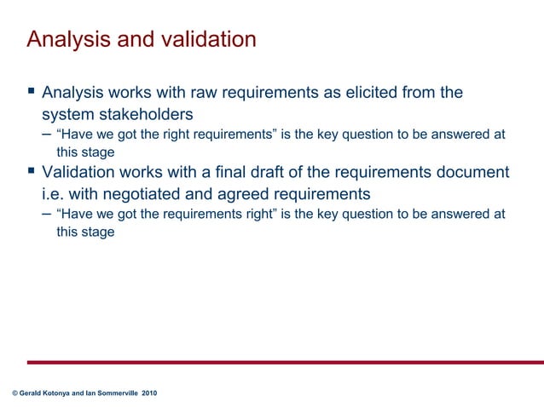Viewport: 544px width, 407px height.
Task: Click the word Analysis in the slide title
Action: pos(65,40)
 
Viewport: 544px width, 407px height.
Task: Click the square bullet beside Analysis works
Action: pos(31,91)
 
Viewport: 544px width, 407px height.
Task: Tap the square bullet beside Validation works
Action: pos(31,172)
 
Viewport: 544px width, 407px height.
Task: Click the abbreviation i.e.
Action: pos(55,194)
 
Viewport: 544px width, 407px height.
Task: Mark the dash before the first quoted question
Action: pos(45,134)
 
